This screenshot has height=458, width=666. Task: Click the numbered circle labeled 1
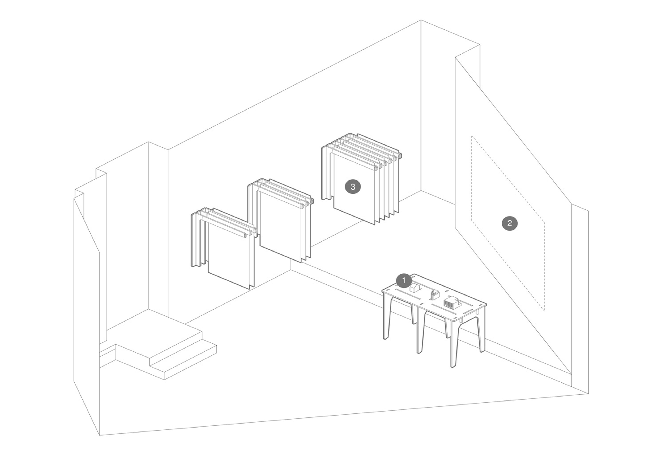(404, 280)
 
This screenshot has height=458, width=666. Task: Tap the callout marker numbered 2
(509, 223)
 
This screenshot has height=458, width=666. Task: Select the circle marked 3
(353, 187)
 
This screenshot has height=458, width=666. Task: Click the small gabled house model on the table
(414, 287)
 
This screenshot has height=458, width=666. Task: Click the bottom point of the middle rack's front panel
(301, 262)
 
